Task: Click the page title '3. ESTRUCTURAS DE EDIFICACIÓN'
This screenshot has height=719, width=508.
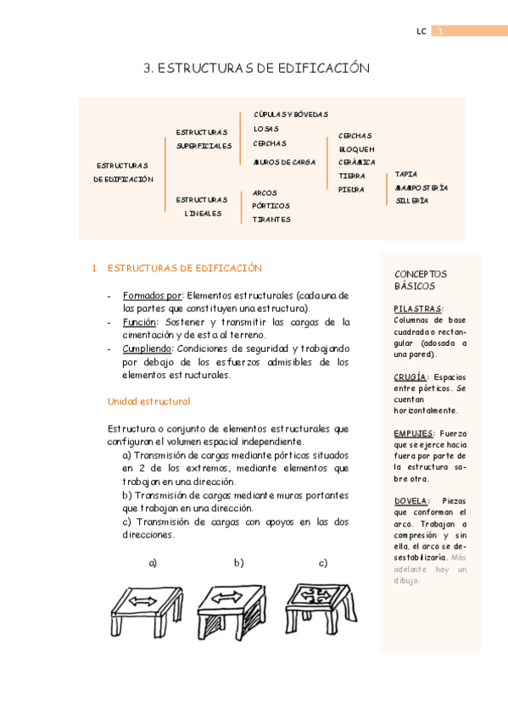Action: [257, 70]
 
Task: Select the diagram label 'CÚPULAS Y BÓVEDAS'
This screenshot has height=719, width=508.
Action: [290, 114]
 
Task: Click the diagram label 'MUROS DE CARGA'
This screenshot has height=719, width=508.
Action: [284, 161]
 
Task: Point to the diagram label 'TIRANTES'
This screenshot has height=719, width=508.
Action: [271, 220]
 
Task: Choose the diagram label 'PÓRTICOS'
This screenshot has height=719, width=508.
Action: [271, 205]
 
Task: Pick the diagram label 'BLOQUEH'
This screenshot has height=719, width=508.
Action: [356, 149]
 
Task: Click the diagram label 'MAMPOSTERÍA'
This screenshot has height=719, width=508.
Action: [421, 187]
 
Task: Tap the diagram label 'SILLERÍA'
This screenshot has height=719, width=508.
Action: [411, 201]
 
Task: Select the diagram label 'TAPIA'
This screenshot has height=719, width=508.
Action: [406, 174]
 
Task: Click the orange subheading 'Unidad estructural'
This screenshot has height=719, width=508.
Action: [148, 401]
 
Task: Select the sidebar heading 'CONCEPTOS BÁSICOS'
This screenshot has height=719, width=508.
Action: [421, 281]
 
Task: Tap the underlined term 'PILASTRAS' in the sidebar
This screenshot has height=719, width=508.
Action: [418, 309]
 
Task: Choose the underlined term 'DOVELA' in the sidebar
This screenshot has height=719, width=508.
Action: [412, 501]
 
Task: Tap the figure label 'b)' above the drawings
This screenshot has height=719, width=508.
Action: [238, 563]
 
